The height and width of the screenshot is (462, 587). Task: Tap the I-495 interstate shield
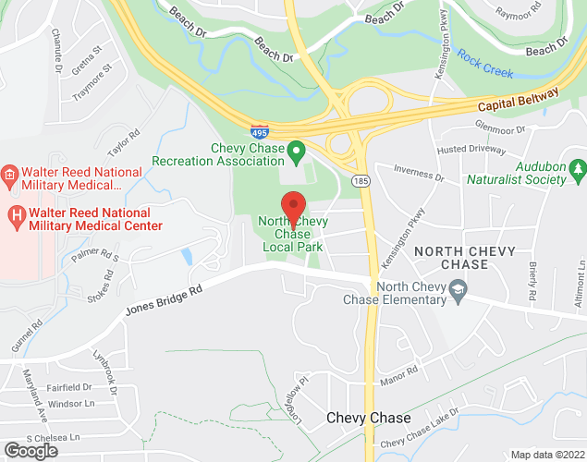pyautogui.click(x=260, y=133)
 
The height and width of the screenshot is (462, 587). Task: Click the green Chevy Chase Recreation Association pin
pyautogui.click(x=297, y=149)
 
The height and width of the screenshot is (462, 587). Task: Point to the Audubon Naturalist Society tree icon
pyautogui.click(x=578, y=168)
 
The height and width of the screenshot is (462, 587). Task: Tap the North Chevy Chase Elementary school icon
pyautogui.click(x=457, y=292)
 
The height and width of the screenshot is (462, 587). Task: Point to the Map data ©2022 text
pyautogui.click(x=546, y=455)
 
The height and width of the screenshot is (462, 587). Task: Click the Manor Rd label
pyautogui.click(x=399, y=373)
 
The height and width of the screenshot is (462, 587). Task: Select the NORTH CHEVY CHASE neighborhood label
pyautogui.click(x=451, y=258)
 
